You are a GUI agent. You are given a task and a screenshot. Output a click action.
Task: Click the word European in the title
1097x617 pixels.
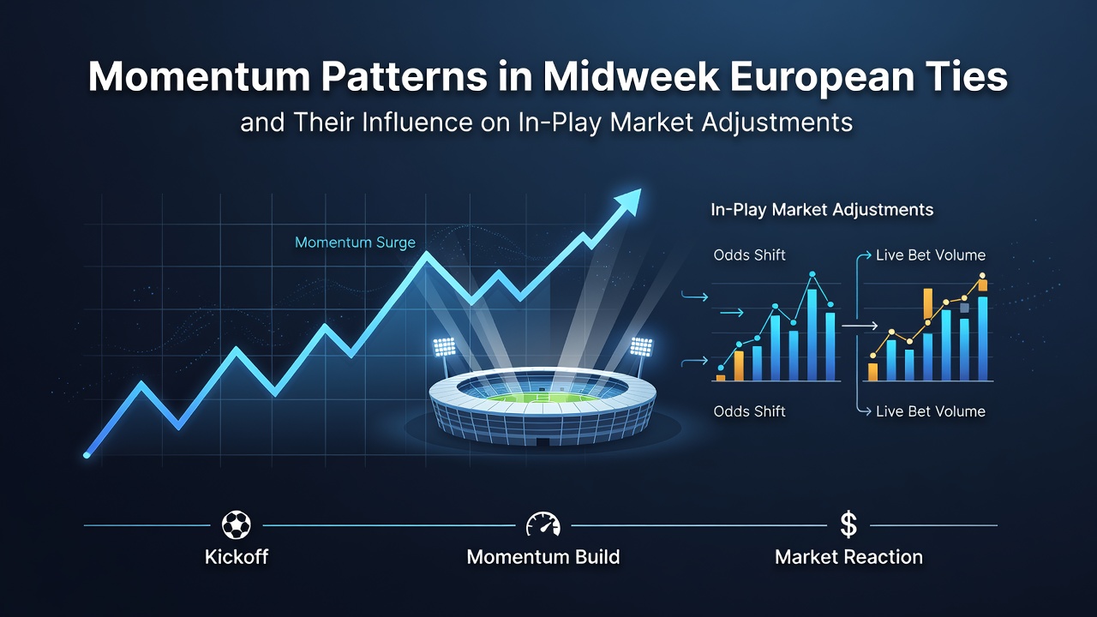coord(822,77)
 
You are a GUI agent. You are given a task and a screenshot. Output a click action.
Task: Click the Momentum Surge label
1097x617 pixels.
coord(355,243)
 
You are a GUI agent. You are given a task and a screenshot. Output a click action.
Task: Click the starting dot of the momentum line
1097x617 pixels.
coord(87,455)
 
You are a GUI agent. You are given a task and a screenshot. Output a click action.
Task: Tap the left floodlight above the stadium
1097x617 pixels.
coord(445,347)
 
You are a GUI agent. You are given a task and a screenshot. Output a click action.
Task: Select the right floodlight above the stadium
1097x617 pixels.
coord(641,346)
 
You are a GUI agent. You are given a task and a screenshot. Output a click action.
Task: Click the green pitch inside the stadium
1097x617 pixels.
coord(543,397)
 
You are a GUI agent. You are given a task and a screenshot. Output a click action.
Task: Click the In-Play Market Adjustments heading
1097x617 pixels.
coord(822,210)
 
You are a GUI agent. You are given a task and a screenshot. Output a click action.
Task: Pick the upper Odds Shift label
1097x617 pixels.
coord(749,255)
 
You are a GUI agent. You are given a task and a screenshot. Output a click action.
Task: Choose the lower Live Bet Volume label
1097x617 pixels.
coord(931,411)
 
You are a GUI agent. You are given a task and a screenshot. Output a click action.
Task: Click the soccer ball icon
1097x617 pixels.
coord(237,525)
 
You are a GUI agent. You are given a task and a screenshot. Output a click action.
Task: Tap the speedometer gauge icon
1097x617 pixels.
coord(543,525)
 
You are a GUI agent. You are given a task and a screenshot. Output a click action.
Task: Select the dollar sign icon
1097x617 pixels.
coord(848,524)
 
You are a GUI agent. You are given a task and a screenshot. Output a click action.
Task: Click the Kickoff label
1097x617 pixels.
coord(237,557)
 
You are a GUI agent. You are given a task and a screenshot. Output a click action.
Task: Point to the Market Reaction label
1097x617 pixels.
coord(848,557)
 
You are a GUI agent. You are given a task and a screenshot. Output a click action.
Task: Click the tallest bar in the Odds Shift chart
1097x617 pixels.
coord(812,335)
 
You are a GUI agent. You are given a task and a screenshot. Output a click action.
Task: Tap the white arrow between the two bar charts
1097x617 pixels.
coord(860,325)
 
